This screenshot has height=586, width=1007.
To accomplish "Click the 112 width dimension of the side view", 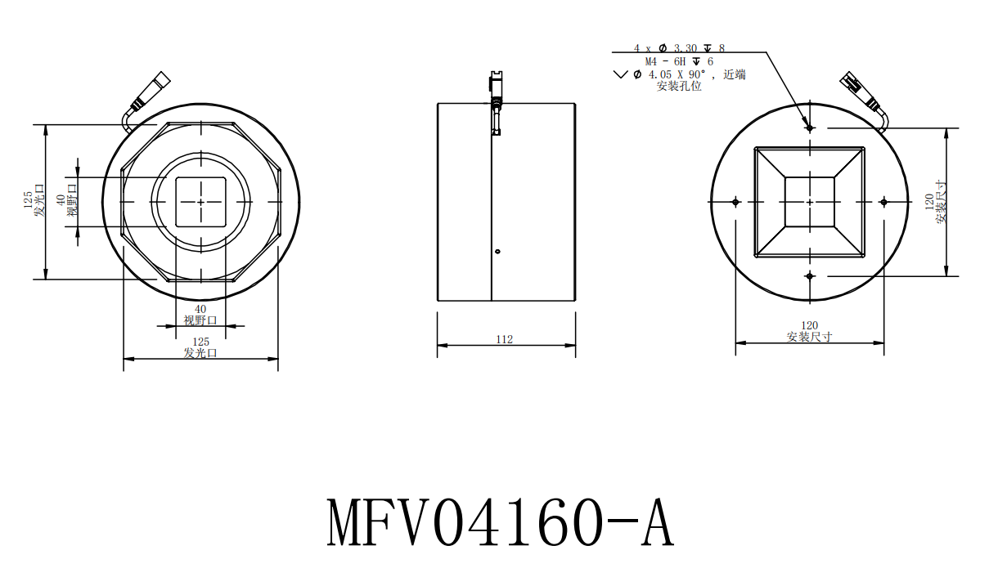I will click(505, 339).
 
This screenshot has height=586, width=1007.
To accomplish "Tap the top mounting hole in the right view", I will click(809, 127).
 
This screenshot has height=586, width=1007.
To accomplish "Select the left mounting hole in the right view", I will click(735, 201).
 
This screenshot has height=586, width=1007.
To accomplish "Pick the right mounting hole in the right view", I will click(883, 201).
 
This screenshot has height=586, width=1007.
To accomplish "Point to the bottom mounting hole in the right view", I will click(809, 276).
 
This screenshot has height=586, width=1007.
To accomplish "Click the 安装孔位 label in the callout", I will click(679, 86).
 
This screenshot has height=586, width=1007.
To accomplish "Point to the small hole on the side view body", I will click(497, 251).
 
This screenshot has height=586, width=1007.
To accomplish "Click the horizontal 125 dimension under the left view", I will click(200, 342).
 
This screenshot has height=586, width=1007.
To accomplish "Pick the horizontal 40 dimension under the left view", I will click(200, 309).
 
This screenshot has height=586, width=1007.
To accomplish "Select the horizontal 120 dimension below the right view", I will click(809, 325).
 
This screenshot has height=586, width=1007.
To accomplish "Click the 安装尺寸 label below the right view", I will click(809, 337).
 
